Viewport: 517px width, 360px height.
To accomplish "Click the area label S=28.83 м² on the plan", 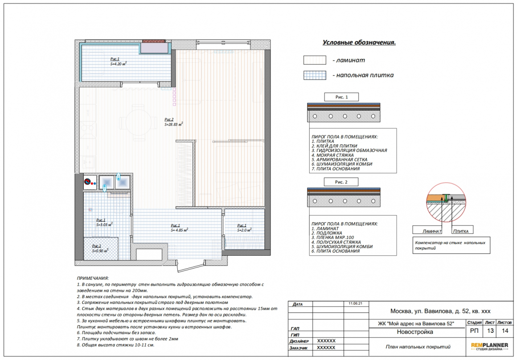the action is pos(174,125).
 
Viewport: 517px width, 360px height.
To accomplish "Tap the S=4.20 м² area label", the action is pos(119,64).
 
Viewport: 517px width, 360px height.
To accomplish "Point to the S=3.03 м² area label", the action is pos(105,225).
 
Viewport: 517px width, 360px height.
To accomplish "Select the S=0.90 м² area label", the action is pos(100,250).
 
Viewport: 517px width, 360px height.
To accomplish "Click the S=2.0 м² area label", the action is pos(244,230).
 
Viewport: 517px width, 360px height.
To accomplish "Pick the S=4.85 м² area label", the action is pos(179,230).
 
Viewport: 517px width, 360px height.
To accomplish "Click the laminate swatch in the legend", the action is pos(315,60).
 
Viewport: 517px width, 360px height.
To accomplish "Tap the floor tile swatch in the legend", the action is pos(315,75).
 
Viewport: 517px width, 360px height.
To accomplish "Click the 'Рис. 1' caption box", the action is pos(341,97).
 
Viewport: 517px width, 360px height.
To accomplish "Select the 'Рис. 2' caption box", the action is pos(341,182).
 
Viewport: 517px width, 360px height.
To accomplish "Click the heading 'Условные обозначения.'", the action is pos(359,42).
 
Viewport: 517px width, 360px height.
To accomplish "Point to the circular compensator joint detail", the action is pos(446,202).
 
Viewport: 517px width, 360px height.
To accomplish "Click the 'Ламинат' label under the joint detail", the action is pos(432,231).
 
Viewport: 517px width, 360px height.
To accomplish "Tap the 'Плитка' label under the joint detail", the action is pos(460,231).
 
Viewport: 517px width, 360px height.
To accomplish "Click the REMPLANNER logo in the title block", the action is pos(489,346).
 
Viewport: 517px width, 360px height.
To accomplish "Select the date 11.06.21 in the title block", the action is pos(355,303).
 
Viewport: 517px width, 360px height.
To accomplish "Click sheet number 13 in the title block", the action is pos(490,331).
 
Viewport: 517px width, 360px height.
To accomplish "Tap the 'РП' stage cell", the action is pos(474,331).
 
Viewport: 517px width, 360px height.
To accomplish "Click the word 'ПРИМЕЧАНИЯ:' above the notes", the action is pos(93,278).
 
